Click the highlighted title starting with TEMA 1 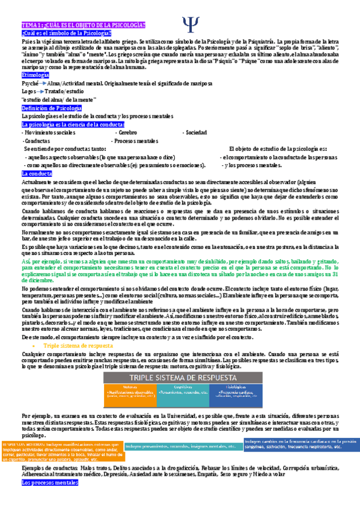[82, 25]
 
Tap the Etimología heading [35, 75]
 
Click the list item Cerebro [127, 132]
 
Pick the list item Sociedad [196, 132]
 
